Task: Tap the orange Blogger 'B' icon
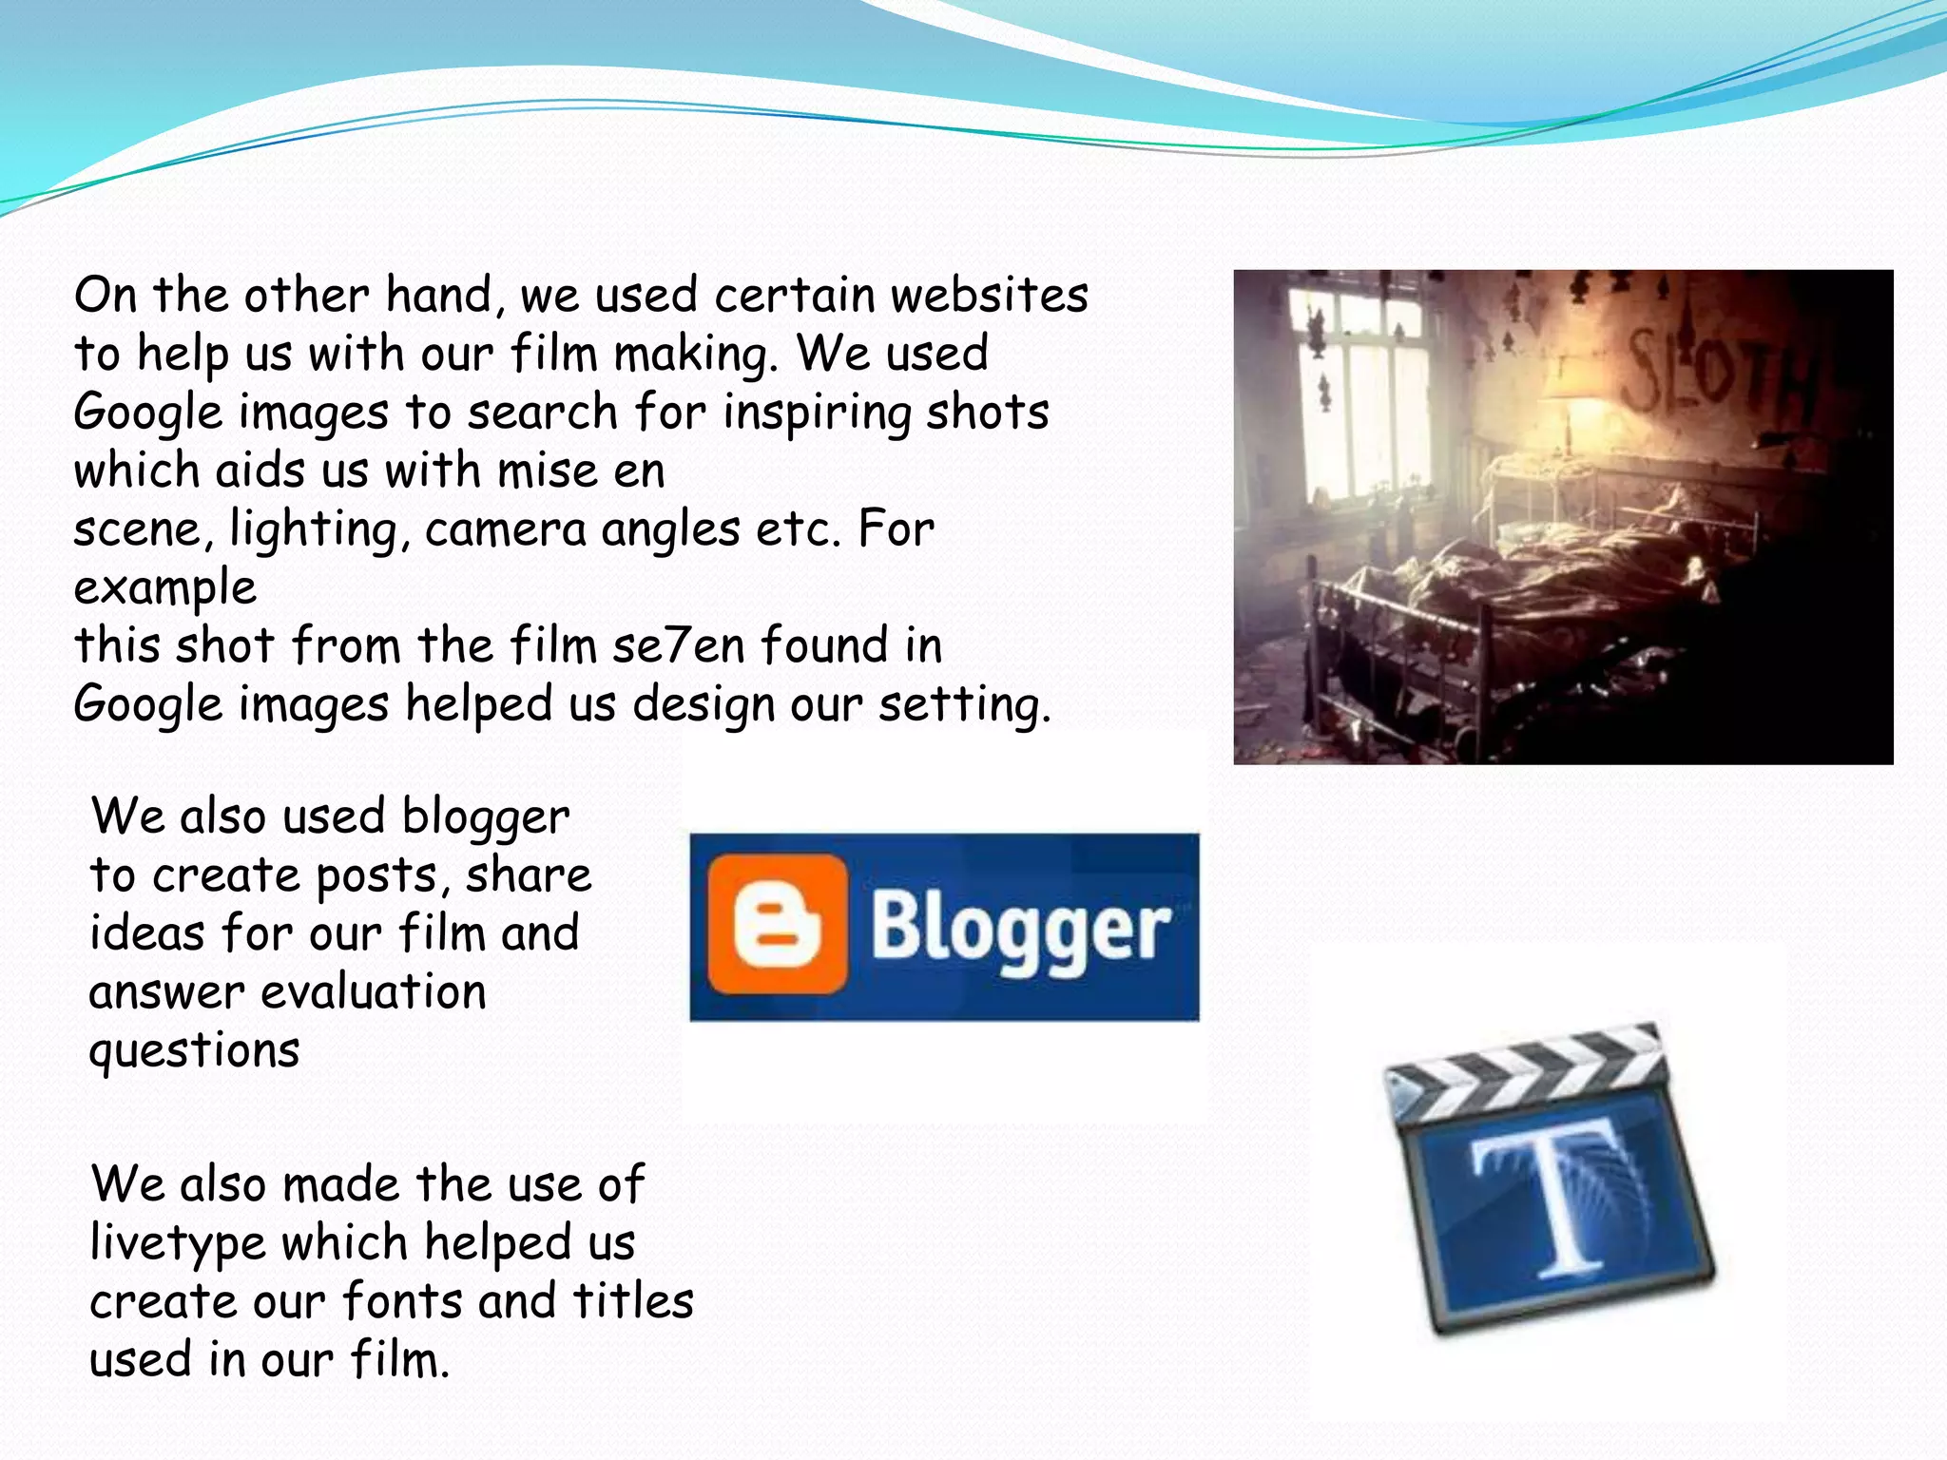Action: coord(777,924)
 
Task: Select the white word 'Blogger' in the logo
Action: coord(1021,930)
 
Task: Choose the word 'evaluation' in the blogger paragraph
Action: coord(374,992)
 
